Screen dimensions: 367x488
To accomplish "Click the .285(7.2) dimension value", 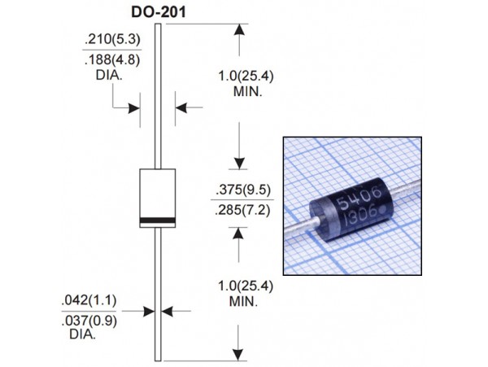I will pos(242,211).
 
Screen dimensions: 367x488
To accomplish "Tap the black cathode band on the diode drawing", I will pos(159,222).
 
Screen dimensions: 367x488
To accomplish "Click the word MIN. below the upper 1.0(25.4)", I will pos(239,94).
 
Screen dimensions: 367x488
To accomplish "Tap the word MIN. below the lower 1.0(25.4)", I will pos(239,301).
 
